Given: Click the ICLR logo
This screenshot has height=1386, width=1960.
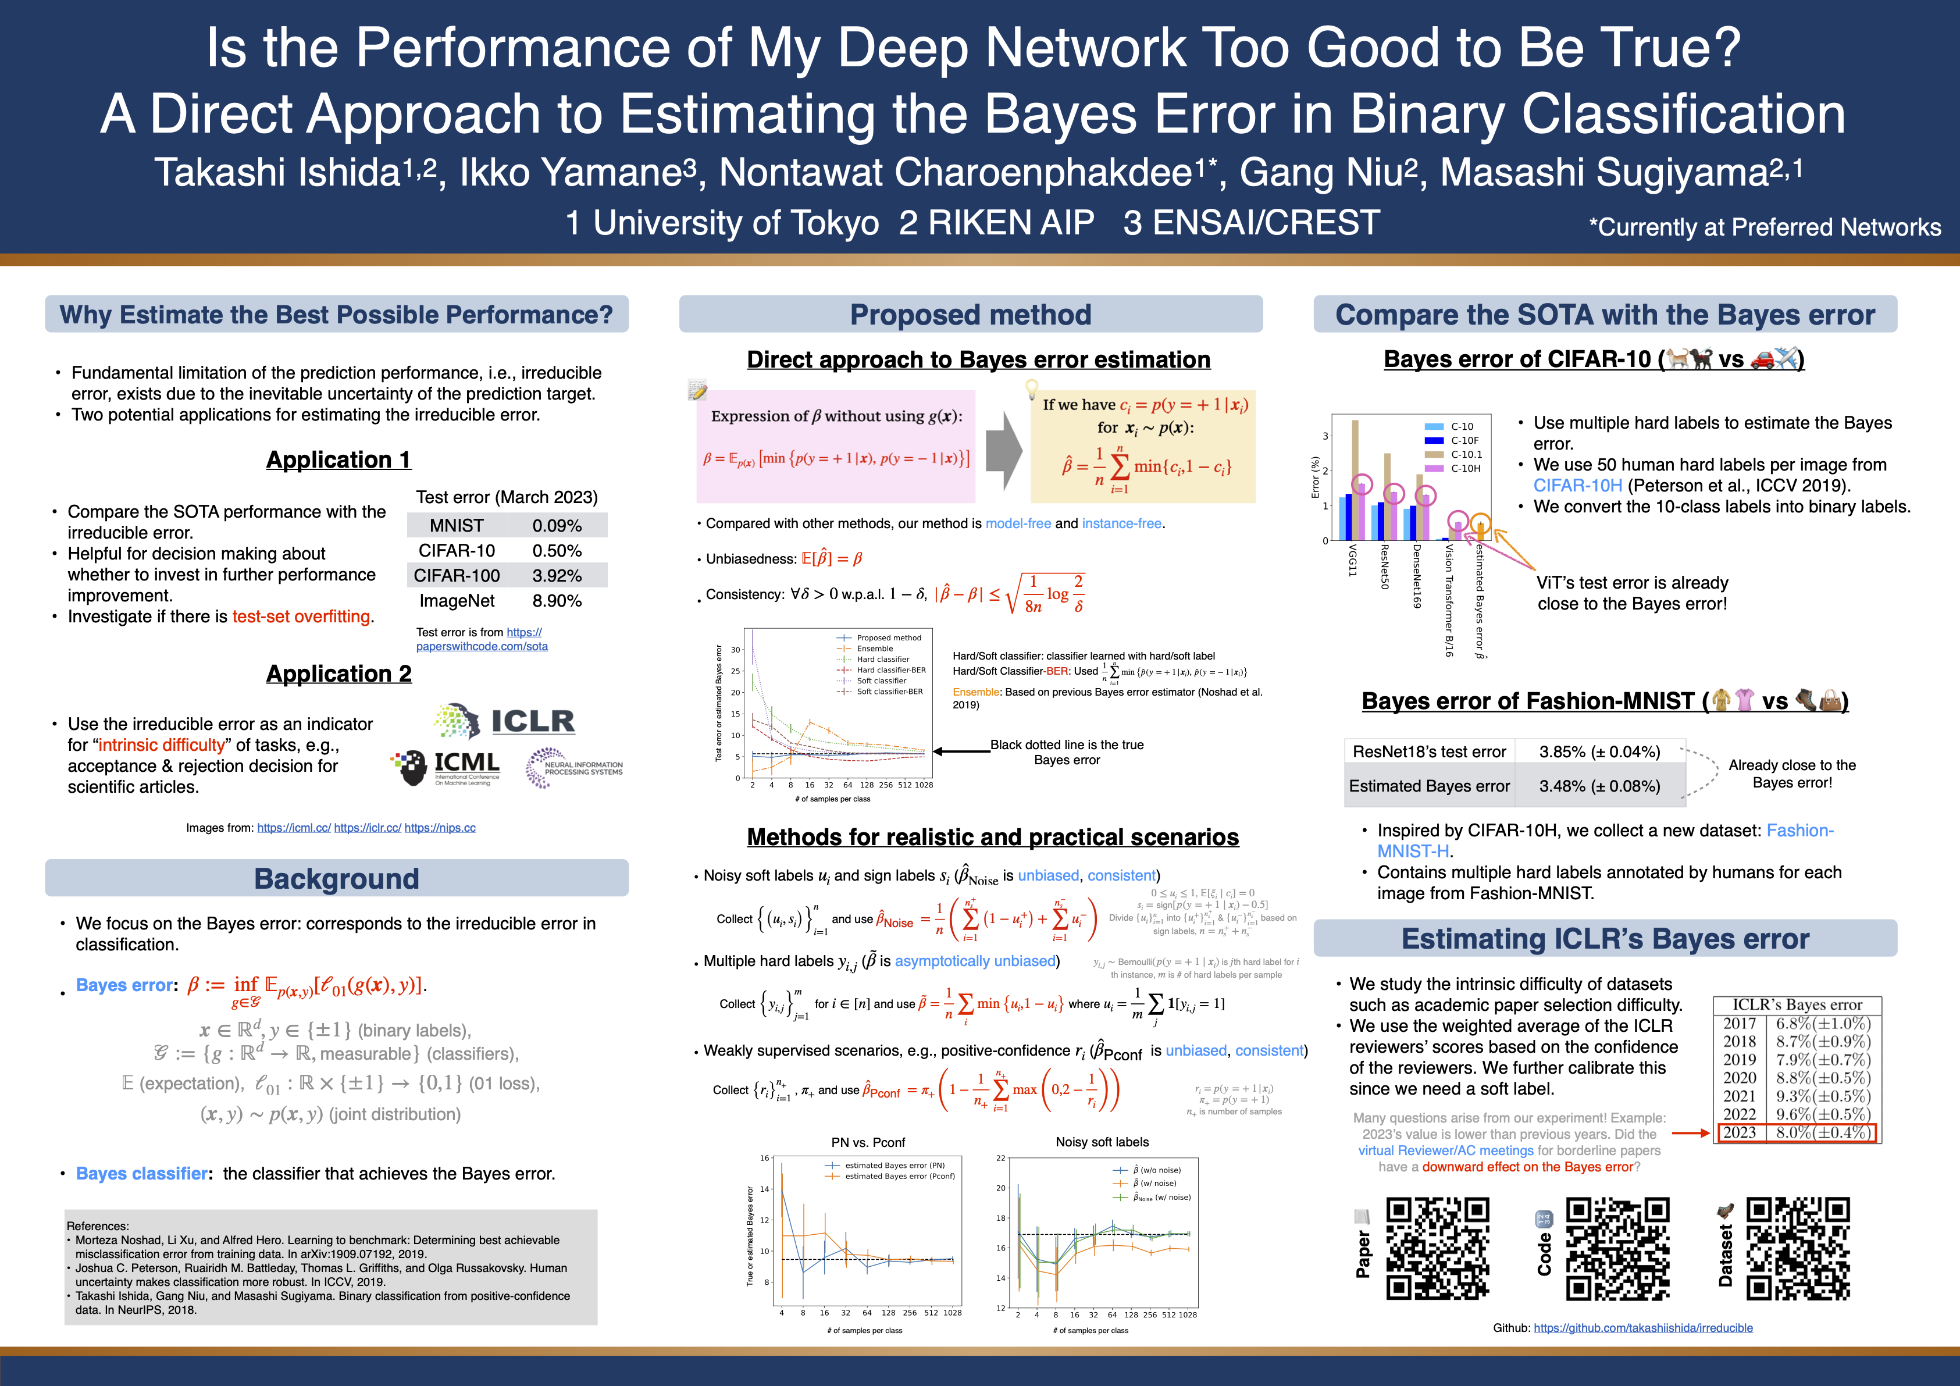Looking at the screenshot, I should pyautogui.click(x=505, y=721).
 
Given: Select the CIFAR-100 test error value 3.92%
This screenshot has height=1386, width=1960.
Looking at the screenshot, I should pyautogui.click(x=557, y=576).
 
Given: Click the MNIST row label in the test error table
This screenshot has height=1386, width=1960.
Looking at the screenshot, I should pyautogui.click(x=457, y=526).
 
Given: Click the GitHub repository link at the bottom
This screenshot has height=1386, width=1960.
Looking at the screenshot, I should pyautogui.click(x=1642, y=1328).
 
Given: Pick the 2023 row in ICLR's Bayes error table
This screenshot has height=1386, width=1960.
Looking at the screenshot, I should pyautogui.click(x=1796, y=1132).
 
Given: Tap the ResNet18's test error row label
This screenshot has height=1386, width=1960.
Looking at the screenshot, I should pyautogui.click(x=1429, y=752).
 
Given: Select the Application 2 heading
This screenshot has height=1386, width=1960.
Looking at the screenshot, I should pyautogui.click(x=339, y=674).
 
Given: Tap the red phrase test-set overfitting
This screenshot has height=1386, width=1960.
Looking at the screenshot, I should pyautogui.click(x=302, y=616).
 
